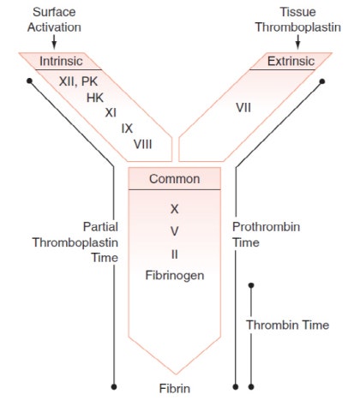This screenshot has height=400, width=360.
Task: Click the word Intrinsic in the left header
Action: pyautogui.click(x=61, y=61)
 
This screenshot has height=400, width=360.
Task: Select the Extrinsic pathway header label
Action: pyautogui.click(x=291, y=61)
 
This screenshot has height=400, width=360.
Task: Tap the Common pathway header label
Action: pyautogui.click(x=175, y=179)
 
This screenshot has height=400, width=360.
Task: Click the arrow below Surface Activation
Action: pyautogui.click(x=54, y=42)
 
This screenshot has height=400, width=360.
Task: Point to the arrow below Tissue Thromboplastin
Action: pyautogui.click(x=298, y=42)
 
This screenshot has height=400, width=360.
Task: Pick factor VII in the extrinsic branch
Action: pyautogui.click(x=243, y=108)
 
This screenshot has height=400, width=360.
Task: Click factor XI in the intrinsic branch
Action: pyautogui.click(x=111, y=113)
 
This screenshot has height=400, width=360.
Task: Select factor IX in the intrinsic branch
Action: pyautogui.click(x=127, y=128)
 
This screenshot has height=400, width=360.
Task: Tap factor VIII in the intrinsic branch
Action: pyautogui.click(x=143, y=144)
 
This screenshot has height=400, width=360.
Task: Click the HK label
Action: pyautogui.click(x=95, y=98)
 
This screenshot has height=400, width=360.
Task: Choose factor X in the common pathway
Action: pyautogui.click(x=175, y=209)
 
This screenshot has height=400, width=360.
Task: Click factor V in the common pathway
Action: pyautogui.click(x=175, y=231)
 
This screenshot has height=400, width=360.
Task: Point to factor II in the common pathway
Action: pyautogui.click(x=175, y=254)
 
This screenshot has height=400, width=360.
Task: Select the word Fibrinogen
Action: pyautogui.click(x=175, y=276)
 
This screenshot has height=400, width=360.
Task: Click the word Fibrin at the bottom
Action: pyautogui.click(x=175, y=389)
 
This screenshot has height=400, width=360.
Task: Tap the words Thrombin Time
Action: pyautogui.click(x=288, y=325)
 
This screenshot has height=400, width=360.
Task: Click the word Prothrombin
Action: pyautogui.click(x=267, y=227)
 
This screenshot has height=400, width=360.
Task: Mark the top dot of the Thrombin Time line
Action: pyautogui.click(x=251, y=285)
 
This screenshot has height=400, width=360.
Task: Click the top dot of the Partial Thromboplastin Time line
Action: pyautogui.click(x=29, y=81)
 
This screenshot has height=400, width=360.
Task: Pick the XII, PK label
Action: pyautogui.click(x=79, y=81)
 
